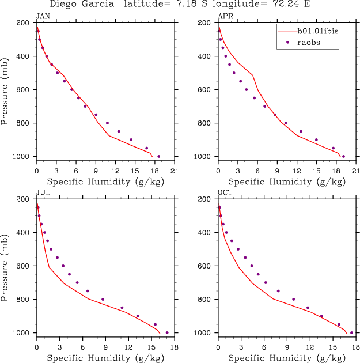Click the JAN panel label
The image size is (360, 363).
tap(42, 16)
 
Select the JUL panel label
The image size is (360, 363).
tap(42, 192)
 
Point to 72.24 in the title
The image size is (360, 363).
tap(291, 5)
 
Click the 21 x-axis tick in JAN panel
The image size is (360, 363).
tap(174, 171)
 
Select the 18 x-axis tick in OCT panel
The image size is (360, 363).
tap(355, 347)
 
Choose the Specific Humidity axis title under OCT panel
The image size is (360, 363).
tap(286, 358)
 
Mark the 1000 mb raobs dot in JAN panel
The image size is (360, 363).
tap(158, 156)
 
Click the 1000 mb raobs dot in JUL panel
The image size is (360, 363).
tap(167, 332)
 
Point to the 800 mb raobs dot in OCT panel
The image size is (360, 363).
tap(293, 299)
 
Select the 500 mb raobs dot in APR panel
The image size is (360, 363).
tap(234, 73)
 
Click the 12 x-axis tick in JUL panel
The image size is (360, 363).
tap(128, 347)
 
